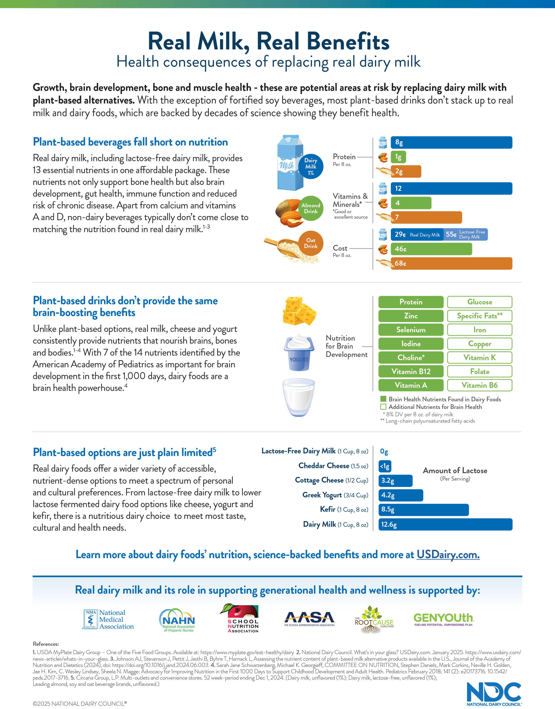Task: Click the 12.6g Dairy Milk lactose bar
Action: point(445,524)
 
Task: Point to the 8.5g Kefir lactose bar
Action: point(423,510)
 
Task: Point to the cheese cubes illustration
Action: point(299,311)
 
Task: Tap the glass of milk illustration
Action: point(299,397)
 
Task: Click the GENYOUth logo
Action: point(444,619)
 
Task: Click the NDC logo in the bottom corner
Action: point(494,694)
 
